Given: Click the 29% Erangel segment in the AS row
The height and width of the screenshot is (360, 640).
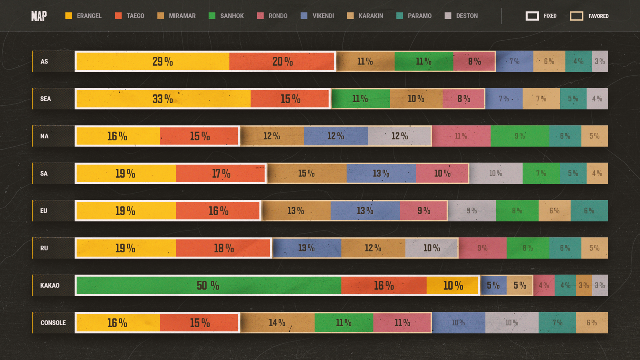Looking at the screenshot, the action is pos(153,62).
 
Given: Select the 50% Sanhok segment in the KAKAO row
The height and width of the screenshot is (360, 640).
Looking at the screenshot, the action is pos(209,286).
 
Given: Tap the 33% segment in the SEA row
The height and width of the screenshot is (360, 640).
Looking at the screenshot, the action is pos(164,99).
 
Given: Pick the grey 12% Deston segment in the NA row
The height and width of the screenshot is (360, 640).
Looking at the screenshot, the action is pos(399,136).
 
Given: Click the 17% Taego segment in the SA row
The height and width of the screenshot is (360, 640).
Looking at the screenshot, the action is pos(220,174).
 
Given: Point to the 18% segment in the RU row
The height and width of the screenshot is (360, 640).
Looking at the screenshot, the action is pos(223,248).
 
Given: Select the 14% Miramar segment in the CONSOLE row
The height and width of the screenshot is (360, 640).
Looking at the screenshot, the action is pos(278,323).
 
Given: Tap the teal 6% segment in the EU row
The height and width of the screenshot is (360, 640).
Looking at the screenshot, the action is pos(589,211).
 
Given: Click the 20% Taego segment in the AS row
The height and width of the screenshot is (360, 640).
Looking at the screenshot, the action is pos(282,62).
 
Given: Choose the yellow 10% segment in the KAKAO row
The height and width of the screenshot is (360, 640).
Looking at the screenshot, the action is pos(452,286).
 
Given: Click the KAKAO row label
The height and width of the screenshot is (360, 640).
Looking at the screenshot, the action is pos(50,286).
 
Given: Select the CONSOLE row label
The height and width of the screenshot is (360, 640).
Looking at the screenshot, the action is pos(53,323).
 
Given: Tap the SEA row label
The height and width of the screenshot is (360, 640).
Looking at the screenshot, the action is pos(46,99).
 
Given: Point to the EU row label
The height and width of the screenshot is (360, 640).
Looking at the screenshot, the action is pos(44,211).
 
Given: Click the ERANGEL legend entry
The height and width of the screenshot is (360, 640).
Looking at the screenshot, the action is pos(83,16).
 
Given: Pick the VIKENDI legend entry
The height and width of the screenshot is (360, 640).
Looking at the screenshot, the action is pos(317,16).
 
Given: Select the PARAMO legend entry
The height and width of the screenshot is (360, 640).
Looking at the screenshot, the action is pos(414,16).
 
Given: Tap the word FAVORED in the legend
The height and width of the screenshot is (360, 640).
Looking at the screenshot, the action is pos(598,16).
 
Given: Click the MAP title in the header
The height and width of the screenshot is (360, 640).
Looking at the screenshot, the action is pos(39,16).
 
